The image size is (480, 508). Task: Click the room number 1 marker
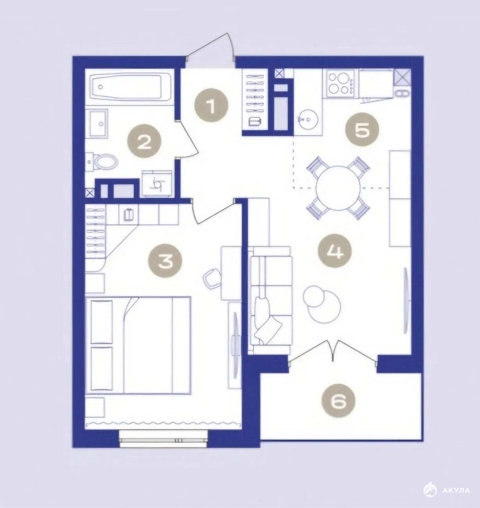point(211,105)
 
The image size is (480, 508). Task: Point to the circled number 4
point(334,250)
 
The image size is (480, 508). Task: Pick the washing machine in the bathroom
point(157,184)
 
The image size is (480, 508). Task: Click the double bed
point(138,345)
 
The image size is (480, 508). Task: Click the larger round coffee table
point(324,307)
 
